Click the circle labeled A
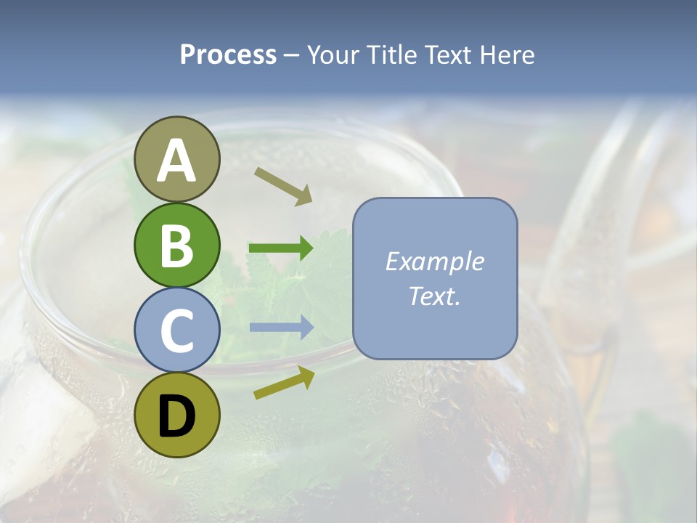coord(176,159)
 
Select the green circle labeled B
coord(176,245)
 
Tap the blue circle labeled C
coord(176,330)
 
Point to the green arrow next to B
coord(281,248)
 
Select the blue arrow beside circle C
coord(281,328)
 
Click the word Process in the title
coord(228,55)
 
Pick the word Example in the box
coord(434,261)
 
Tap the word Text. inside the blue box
coord(434,296)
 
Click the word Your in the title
coord(333,55)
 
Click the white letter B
coord(176,245)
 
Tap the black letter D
coord(176,415)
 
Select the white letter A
coord(176,160)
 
